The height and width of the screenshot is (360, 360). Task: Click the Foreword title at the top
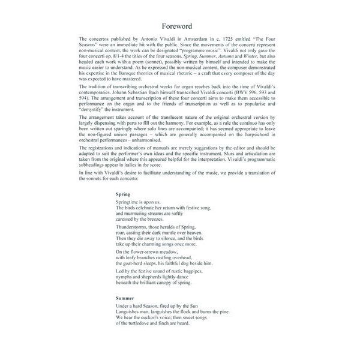click(x=179, y=26)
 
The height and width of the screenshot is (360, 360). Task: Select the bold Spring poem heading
click(x=123, y=194)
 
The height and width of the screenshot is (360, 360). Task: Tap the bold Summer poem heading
click(x=125, y=298)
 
